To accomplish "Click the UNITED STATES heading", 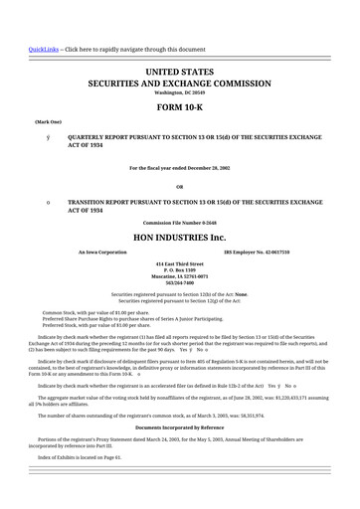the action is (x=179, y=74).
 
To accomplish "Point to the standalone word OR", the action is (x=179, y=186).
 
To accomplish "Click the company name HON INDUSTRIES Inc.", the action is (x=179, y=239).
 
